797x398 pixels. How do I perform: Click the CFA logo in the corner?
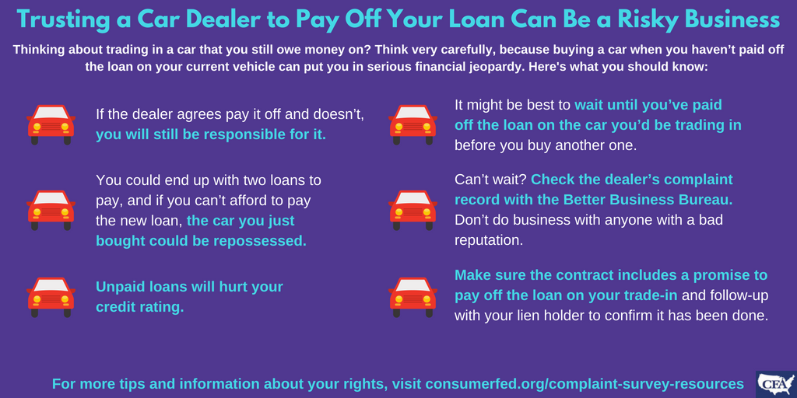tap(776, 383)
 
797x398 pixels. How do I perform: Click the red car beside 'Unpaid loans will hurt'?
tap(51, 298)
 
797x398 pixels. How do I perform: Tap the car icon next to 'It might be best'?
tap(413, 125)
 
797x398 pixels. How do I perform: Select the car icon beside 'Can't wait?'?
tap(413, 210)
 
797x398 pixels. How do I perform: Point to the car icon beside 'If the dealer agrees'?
tap(51, 125)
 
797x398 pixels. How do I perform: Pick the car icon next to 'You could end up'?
tap(51, 210)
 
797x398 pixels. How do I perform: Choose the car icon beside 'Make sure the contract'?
tap(413, 298)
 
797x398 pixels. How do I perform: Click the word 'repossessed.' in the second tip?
tap(260, 241)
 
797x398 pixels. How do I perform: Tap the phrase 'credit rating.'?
tap(140, 307)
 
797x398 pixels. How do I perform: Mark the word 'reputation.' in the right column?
tap(489, 241)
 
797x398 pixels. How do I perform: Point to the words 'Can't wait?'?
tap(491, 180)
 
